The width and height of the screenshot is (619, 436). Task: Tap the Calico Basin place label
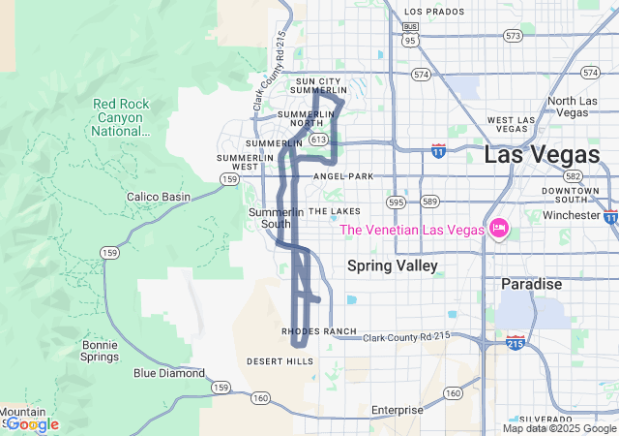[x=159, y=197]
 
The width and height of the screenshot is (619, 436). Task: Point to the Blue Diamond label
[x=169, y=373]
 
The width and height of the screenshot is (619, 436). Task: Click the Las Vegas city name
[x=541, y=155]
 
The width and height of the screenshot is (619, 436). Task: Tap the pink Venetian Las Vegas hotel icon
[x=499, y=230]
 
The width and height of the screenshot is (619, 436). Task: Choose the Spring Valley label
[x=392, y=265]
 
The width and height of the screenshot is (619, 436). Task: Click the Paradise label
[x=531, y=285]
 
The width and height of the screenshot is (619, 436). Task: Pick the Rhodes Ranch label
[x=319, y=331]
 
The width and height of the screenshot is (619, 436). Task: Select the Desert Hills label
[x=280, y=361]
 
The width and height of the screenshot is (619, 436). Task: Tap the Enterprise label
[x=397, y=410]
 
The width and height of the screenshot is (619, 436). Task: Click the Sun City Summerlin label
[x=320, y=86]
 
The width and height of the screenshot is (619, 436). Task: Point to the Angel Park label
[x=343, y=176]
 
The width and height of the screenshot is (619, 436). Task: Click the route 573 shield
[x=513, y=36]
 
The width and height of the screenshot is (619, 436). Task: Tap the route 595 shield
[x=395, y=202]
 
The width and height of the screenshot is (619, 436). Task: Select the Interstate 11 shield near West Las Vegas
[x=438, y=151]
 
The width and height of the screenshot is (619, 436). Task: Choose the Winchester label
[x=573, y=215]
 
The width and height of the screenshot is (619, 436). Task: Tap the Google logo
[x=31, y=424]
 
